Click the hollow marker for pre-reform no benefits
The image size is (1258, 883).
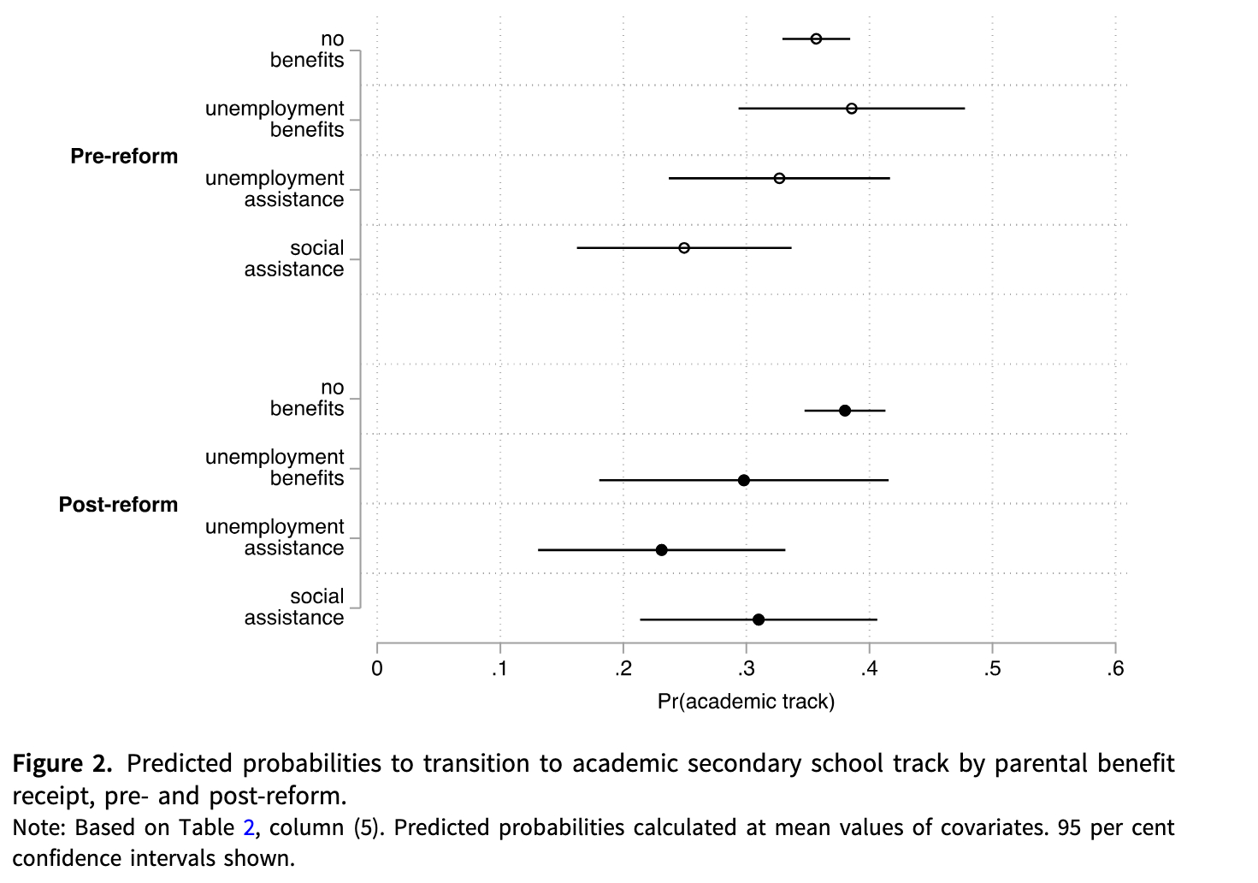[x=816, y=39]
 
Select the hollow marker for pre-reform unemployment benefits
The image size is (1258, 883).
[x=851, y=109]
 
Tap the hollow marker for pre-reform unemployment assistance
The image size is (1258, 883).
[x=779, y=178]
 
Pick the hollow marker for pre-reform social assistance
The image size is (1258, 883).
[x=684, y=248]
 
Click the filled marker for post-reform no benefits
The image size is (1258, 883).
[x=845, y=411]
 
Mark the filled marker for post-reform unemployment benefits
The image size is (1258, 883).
[x=744, y=480]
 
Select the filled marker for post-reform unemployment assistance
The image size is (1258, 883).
[x=661, y=549]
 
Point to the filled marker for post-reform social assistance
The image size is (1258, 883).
[x=759, y=619]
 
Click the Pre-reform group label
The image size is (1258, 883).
[x=124, y=157]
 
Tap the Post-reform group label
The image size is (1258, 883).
[x=118, y=505]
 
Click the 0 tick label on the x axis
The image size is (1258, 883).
[x=377, y=669]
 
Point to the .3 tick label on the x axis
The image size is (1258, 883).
[x=745, y=669]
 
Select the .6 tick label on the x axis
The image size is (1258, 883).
[x=1114, y=669]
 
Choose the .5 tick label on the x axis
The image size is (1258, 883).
[x=991, y=669]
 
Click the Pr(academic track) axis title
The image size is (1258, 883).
[x=746, y=702]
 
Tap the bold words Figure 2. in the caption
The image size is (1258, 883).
[x=62, y=763]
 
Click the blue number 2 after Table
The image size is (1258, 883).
[x=248, y=827]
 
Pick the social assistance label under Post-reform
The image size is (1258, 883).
[x=294, y=607]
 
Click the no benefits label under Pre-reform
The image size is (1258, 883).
[x=307, y=50]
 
